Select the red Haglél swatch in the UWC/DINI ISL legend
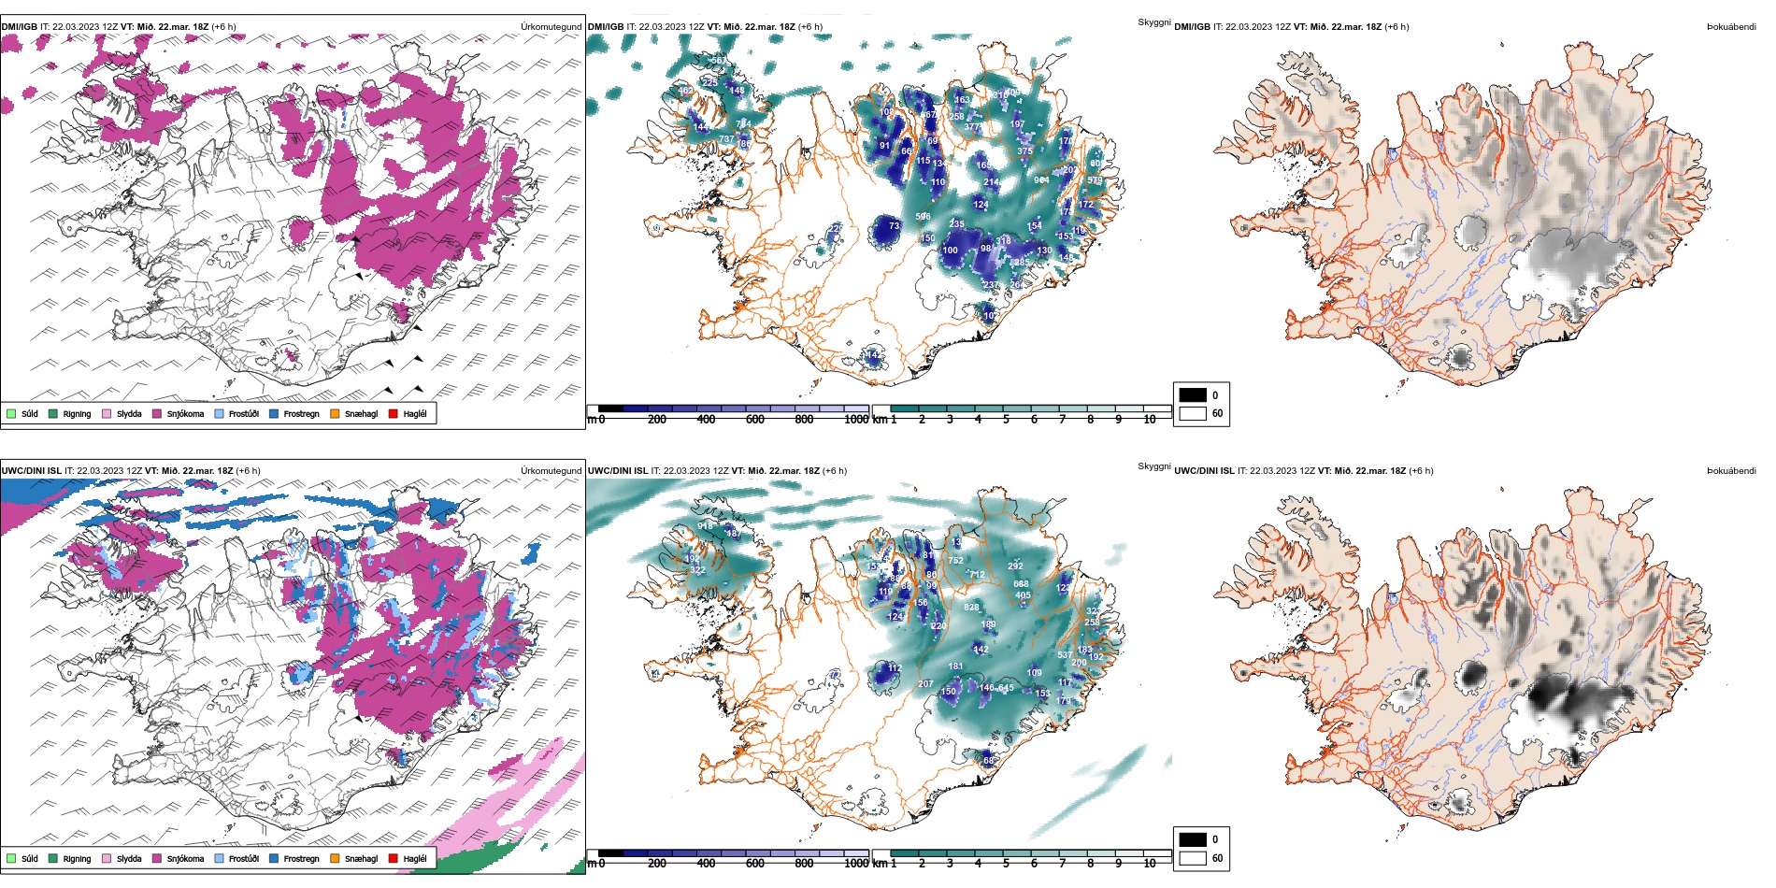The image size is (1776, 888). tap(394, 858)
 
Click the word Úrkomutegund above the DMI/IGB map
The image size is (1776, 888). tap(551, 26)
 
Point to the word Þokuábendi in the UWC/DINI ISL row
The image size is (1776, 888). tap(1731, 470)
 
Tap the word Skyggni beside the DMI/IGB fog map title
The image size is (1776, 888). tap(1153, 21)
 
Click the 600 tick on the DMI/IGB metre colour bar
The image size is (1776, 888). tap(755, 420)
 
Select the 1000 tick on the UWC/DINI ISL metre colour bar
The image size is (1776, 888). tap(856, 864)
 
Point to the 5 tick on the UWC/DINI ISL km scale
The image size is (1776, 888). tap(1006, 864)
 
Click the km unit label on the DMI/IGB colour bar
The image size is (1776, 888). tap(880, 420)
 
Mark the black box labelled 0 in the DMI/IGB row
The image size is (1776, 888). tap(1193, 394)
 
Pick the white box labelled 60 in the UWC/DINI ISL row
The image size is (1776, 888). tap(1193, 857)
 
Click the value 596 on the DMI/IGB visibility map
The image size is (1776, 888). tap(923, 216)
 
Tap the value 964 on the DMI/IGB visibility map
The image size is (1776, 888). tap(1041, 180)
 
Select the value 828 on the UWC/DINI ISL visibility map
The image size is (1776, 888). tap(972, 608)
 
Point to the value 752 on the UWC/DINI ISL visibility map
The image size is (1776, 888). tap(955, 561)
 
